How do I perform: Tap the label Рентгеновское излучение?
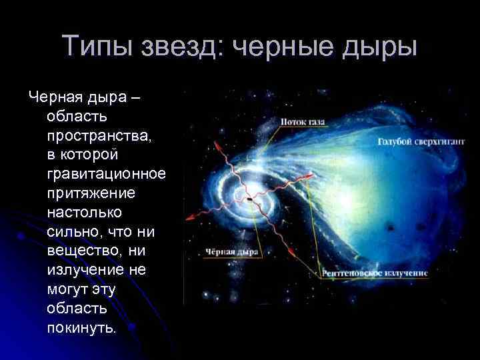coord(373,273)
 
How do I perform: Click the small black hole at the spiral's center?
coord(247,199)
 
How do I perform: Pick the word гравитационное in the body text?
coord(106,174)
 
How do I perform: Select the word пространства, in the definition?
coord(90,135)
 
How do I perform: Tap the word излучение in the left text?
coord(87,270)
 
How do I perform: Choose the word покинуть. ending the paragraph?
coord(81,328)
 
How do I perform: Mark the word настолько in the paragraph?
coord(80,213)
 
